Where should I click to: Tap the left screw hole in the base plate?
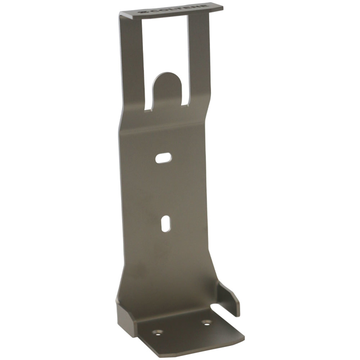click(158, 332)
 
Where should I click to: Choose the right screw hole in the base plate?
click(208, 323)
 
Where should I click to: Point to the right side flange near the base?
click(229, 299)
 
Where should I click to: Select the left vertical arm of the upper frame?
click(130, 62)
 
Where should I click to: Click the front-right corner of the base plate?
click(243, 339)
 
